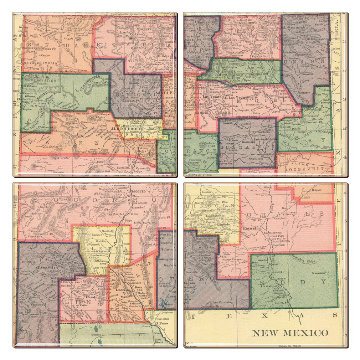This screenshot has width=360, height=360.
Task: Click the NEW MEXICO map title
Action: pos(290,333)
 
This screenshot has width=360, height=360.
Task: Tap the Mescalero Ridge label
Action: pos(305,262)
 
